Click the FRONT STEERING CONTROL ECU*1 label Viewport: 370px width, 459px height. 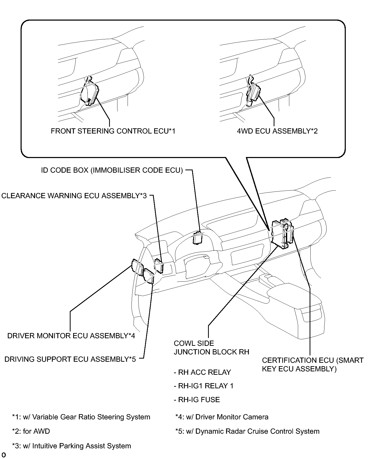click(x=113, y=131)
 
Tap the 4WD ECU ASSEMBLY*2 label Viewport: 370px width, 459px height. click(x=277, y=131)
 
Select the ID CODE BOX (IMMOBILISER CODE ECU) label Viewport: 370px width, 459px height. click(x=112, y=170)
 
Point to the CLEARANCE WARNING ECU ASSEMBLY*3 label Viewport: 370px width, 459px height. click(x=74, y=196)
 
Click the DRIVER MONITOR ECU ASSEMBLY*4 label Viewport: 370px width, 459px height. click(x=71, y=336)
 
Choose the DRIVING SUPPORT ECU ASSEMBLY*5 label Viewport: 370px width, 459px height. click(x=70, y=359)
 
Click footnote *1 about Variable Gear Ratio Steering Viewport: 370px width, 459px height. click(x=81, y=417)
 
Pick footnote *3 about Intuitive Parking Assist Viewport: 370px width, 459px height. click(x=72, y=446)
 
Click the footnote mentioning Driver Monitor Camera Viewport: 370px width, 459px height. click(x=222, y=417)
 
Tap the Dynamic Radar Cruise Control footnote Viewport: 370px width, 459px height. click(x=247, y=431)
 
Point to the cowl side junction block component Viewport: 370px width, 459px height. click(x=280, y=233)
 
